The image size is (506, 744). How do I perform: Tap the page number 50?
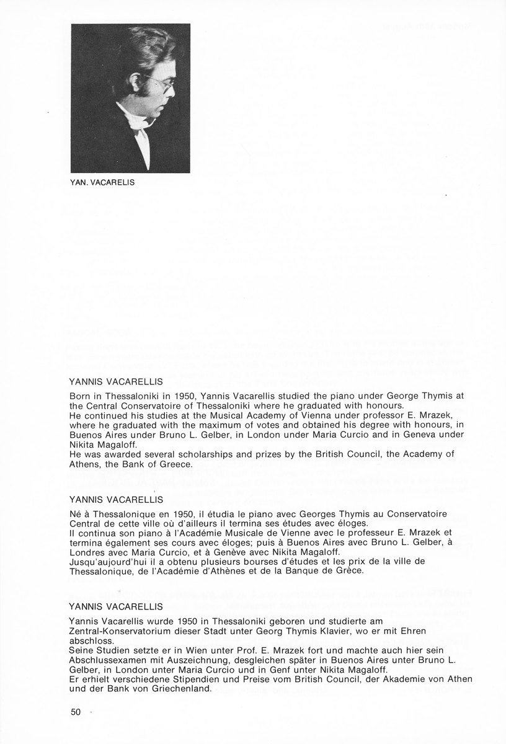pos(76,711)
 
